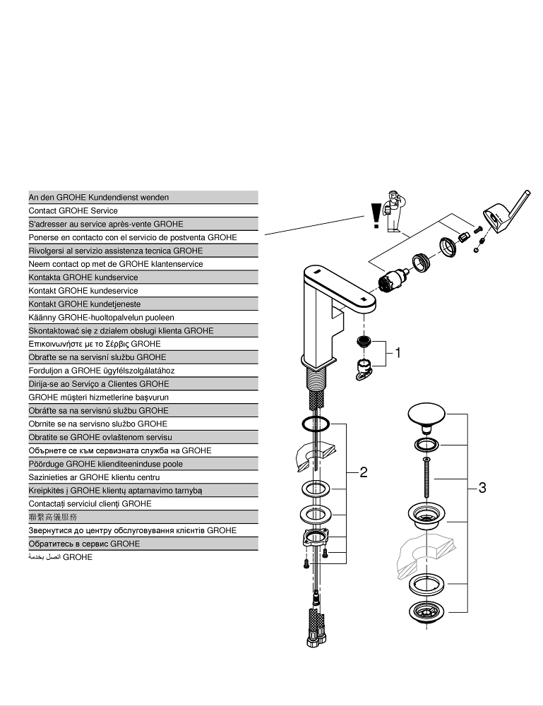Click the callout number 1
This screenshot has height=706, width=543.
click(x=398, y=353)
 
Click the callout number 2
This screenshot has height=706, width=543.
click(x=363, y=472)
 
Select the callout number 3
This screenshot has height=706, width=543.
click(x=482, y=487)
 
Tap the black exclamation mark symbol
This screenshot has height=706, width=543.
click(x=376, y=215)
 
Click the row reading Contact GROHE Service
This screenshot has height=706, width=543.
click(x=143, y=210)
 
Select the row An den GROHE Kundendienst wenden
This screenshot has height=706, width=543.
click(x=143, y=198)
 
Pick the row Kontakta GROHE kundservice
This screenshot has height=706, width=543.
click(x=143, y=277)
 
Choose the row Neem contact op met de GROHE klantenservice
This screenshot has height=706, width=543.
click(x=143, y=264)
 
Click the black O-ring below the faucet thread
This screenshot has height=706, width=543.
click(x=315, y=424)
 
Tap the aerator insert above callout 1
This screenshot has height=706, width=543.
click(x=364, y=342)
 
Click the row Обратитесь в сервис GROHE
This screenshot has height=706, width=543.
click(x=143, y=544)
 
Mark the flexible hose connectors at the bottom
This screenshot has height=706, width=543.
click(x=314, y=621)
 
